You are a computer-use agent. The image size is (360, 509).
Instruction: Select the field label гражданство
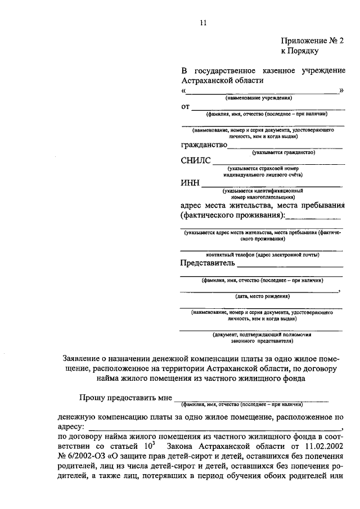click(204, 145)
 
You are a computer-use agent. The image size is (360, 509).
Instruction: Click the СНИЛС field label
click(195, 161)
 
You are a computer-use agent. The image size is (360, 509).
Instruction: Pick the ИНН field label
click(190, 183)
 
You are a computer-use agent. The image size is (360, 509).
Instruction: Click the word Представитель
click(207, 262)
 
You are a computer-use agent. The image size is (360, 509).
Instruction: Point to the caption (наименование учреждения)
click(259, 98)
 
